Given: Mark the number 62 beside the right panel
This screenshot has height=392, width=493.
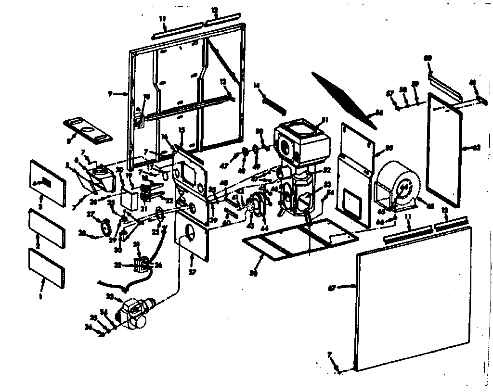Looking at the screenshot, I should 476,148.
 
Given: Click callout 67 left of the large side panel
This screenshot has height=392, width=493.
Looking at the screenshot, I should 331,287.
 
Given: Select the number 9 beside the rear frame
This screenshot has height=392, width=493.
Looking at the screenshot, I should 110,94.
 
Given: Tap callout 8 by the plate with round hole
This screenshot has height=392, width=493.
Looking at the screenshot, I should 69,141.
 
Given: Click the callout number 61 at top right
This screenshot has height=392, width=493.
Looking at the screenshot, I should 472,82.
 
